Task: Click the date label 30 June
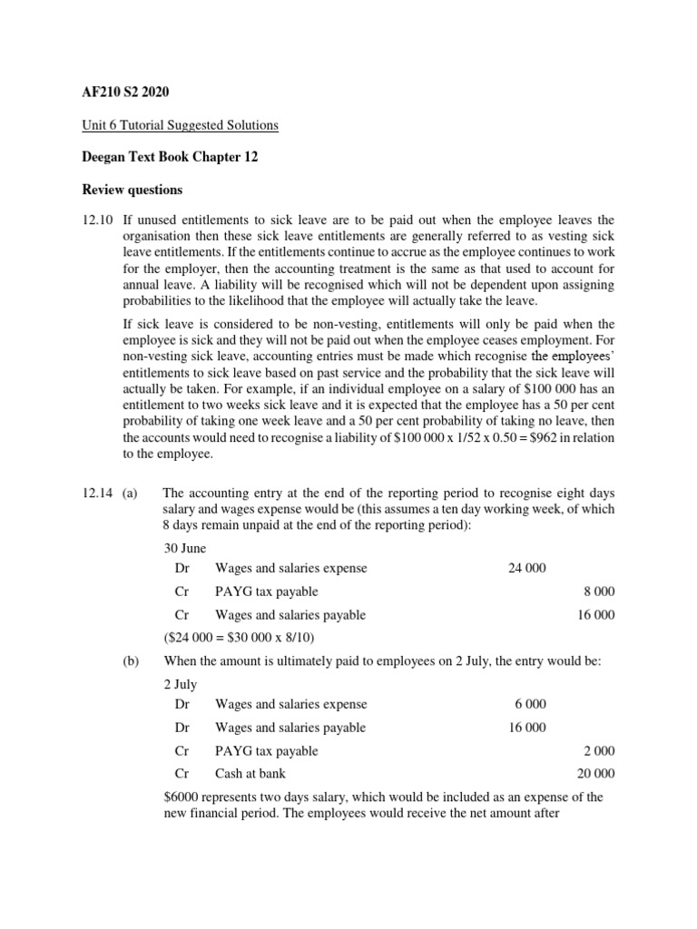pyautogui.click(x=184, y=548)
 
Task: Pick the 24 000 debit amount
pyautogui.click(x=527, y=568)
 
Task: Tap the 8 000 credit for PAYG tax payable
pyautogui.click(x=599, y=592)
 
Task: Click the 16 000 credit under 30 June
pyautogui.click(x=596, y=614)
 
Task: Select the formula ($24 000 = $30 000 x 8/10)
pyautogui.click(x=238, y=638)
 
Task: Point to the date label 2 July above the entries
pyautogui.click(x=180, y=684)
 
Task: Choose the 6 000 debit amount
pyautogui.click(x=530, y=704)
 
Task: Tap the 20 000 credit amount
pyautogui.click(x=596, y=774)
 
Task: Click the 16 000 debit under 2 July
pyautogui.click(x=527, y=728)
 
